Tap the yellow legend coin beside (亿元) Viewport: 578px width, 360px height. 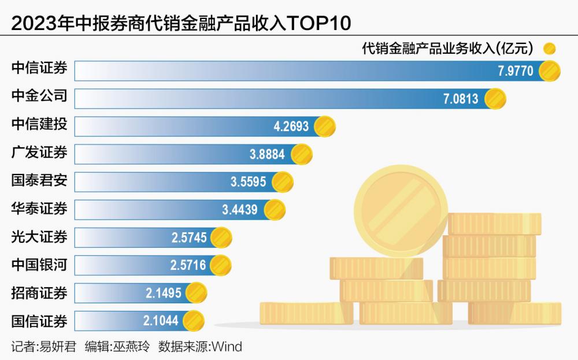tap(549, 48)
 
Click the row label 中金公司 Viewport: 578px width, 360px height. tap(39, 97)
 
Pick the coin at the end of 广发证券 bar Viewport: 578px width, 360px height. tap(301, 154)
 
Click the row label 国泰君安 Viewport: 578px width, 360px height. tap(39, 181)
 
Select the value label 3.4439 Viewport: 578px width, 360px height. tap(240, 210)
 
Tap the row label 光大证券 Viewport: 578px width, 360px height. tap(39, 237)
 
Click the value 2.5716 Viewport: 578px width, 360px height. tap(188, 266)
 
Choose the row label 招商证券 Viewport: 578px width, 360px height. tap(39, 293)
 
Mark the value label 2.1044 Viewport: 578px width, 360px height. tap(161, 321)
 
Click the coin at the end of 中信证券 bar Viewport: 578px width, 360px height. tap(549, 71)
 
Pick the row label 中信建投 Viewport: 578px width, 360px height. tap(39, 124)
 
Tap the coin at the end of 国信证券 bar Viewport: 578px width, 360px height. tap(193, 321)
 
